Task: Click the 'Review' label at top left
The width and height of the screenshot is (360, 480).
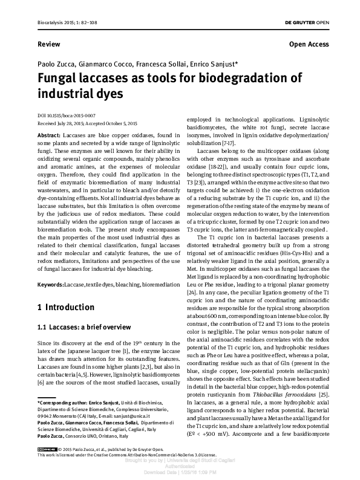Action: tap(48, 44)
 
